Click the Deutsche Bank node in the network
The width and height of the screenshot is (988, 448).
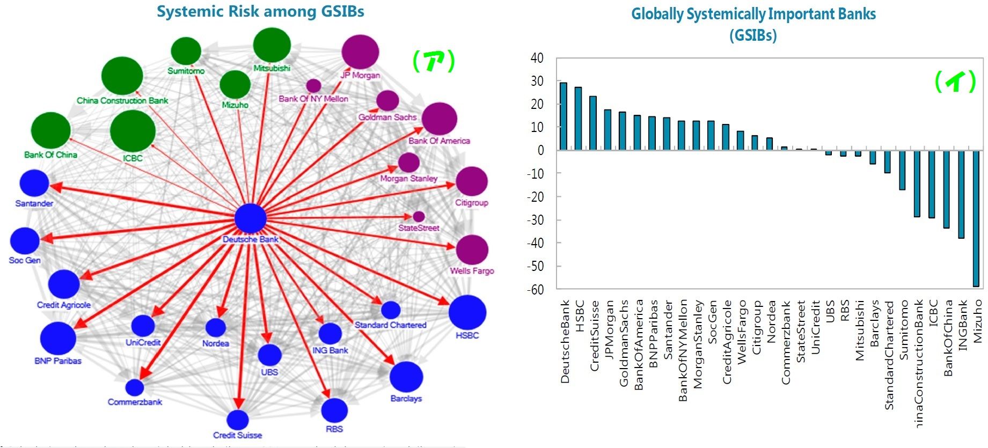[251, 219]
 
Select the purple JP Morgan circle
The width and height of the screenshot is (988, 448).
[360, 52]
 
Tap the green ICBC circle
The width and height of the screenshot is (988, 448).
[133, 131]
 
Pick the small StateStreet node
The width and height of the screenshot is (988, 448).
[419, 217]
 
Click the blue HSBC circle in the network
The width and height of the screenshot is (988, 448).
[467, 312]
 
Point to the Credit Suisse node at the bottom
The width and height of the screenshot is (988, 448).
[237, 420]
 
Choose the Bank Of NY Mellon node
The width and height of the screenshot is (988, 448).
[313, 86]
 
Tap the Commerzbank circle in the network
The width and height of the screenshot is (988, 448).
[135, 387]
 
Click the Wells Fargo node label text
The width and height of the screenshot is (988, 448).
[472, 271]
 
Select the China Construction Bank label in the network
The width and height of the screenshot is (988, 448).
[122, 101]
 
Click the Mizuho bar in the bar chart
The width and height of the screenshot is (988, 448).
[976, 218]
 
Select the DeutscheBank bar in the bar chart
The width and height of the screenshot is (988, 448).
[563, 116]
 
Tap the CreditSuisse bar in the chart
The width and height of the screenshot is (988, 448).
[593, 123]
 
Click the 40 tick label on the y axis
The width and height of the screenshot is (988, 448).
[537, 58]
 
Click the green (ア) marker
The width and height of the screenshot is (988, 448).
[434, 61]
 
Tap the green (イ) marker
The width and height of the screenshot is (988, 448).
[955, 82]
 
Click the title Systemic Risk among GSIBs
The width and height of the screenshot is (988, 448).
[260, 12]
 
